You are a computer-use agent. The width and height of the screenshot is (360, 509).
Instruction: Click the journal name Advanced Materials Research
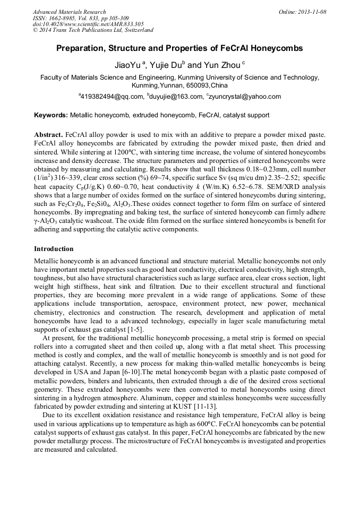[x=69, y=12]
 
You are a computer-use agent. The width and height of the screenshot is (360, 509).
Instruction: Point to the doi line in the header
[x=89, y=24]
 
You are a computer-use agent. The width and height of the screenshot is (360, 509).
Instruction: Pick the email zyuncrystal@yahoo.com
[x=245, y=97]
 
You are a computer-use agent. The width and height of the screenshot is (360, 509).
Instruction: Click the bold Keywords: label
[x=51, y=115]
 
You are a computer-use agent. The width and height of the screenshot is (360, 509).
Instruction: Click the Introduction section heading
[x=54, y=249]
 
